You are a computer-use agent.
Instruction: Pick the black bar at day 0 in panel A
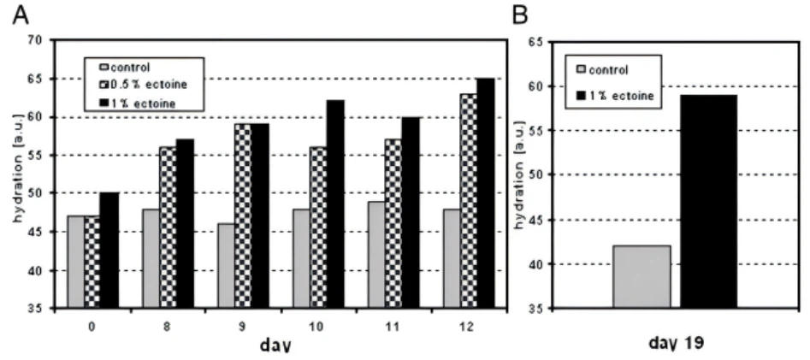click(x=109, y=250)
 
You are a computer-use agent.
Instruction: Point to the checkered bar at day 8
click(x=169, y=227)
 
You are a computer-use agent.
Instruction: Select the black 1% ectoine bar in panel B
click(x=708, y=201)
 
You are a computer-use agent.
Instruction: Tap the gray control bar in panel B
click(x=641, y=276)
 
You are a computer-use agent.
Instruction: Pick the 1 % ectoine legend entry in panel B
click(x=616, y=96)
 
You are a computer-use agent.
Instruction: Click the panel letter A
click(x=16, y=15)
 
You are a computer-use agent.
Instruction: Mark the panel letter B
click(x=518, y=15)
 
